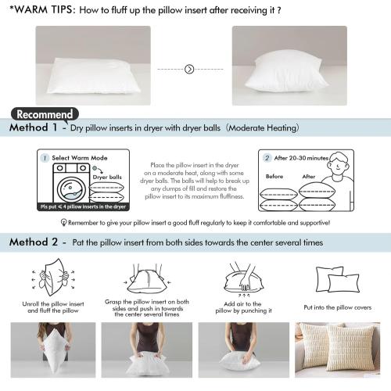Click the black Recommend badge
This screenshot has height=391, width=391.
click(45, 113)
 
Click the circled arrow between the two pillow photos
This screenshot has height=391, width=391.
click(188, 69)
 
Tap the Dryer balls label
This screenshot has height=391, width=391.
click(107, 178)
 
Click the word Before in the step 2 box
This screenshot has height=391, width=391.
click(274, 176)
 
